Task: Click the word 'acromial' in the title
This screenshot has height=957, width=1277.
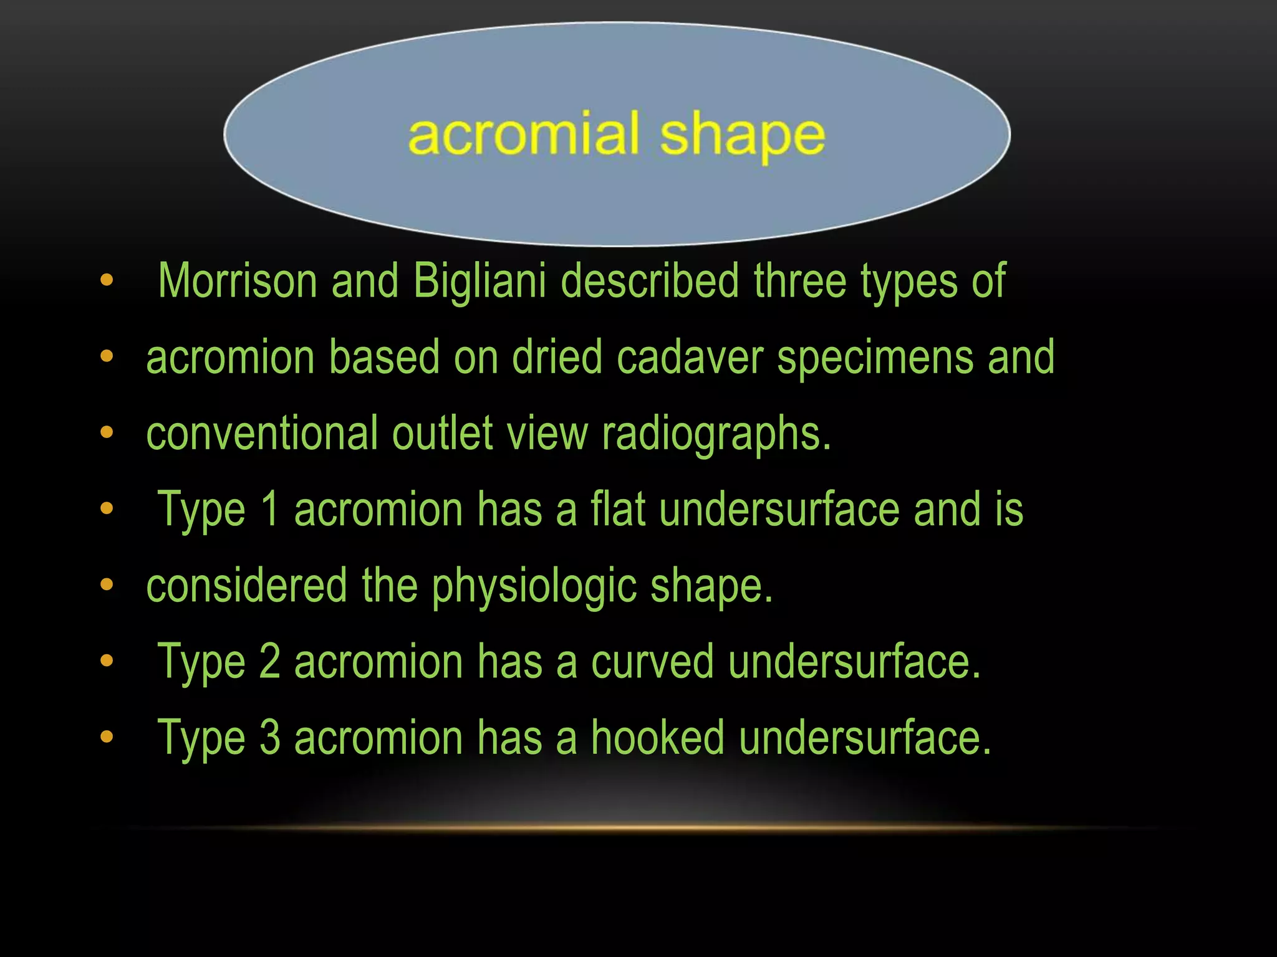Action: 524,134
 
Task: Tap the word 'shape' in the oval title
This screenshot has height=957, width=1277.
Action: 742,137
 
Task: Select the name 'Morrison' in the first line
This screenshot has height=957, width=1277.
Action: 238,281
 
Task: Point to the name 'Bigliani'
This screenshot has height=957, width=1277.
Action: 479,281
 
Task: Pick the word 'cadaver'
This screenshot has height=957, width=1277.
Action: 690,357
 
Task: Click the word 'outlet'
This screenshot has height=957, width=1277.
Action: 443,433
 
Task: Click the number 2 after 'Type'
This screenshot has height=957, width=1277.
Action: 269,662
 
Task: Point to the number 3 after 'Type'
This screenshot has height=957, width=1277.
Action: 269,738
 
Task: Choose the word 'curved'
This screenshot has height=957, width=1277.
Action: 652,662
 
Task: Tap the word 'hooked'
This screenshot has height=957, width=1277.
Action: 658,738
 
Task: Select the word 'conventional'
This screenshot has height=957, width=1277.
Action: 262,433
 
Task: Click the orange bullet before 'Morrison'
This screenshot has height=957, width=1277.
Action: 107,280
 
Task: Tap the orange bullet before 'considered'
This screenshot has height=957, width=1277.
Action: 107,585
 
